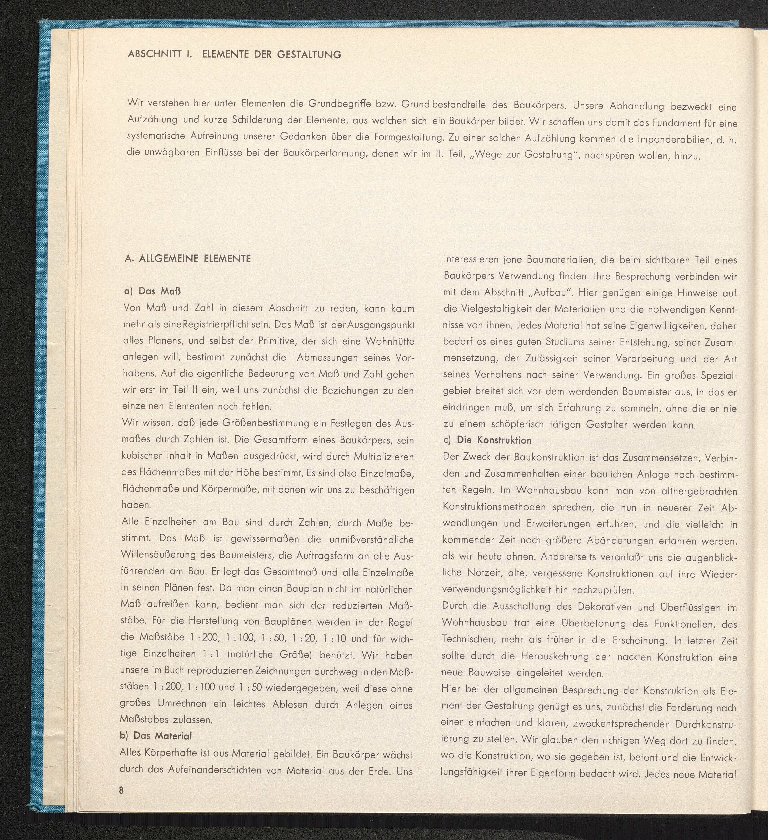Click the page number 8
[122, 790]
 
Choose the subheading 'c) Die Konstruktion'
[487, 440]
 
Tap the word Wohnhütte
[389, 341]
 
